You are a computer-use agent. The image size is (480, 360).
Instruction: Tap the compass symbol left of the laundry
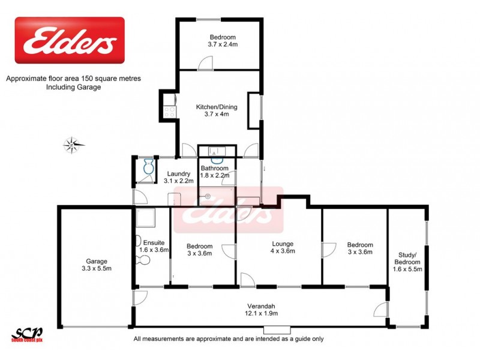[x=73, y=143]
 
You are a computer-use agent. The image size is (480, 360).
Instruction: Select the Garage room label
[x=96, y=265]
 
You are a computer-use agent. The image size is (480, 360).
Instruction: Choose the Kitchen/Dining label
[x=217, y=110]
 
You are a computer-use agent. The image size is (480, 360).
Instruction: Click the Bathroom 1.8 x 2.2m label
[x=215, y=172]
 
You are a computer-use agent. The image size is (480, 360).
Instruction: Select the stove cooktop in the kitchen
[x=170, y=110]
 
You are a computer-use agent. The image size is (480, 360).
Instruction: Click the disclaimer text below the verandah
[x=228, y=339]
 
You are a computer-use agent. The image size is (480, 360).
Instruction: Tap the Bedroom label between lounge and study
[x=360, y=248]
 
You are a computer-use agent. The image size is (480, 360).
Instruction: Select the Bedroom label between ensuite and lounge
[x=199, y=250]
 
